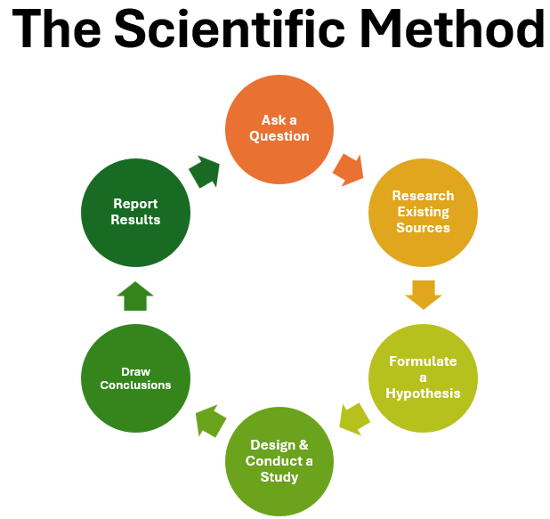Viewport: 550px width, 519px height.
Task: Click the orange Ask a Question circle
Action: [279, 128]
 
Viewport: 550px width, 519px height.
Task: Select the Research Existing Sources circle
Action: [423, 212]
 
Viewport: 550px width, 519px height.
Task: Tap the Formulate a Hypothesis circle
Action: [423, 377]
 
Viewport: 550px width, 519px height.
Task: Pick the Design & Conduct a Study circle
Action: [279, 461]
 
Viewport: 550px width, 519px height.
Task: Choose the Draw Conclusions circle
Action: [135, 377]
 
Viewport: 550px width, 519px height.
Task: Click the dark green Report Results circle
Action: [135, 212]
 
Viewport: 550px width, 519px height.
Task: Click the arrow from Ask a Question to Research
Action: [348, 168]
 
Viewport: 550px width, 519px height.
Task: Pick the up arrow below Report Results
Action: [135, 296]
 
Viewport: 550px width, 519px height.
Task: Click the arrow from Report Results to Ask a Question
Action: [205, 171]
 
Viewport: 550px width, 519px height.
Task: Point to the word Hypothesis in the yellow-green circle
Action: [424, 393]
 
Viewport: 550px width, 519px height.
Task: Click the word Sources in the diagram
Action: [423, 227]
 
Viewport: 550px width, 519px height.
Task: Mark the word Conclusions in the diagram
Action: [135, 385]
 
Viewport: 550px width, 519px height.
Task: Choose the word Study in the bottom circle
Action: [279, 476]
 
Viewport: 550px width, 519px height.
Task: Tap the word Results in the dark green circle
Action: [135, 219]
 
